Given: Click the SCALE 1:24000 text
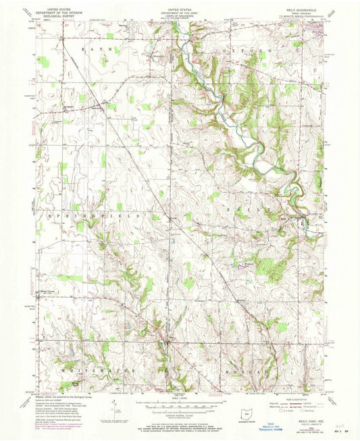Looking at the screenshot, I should (x=179, y=396).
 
